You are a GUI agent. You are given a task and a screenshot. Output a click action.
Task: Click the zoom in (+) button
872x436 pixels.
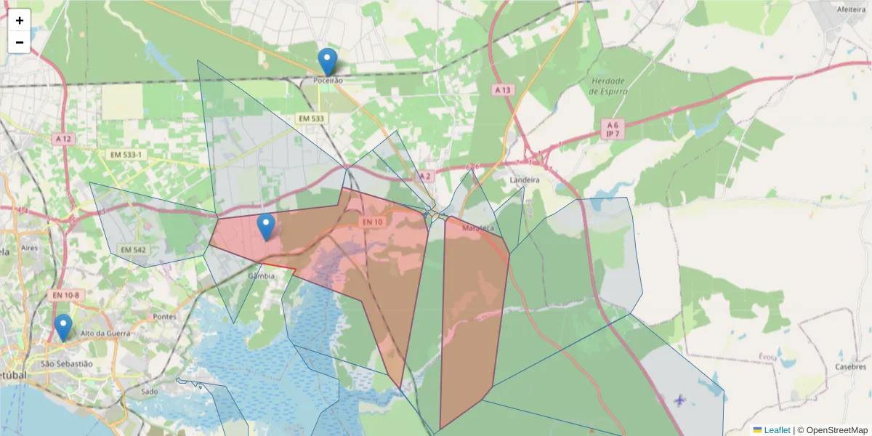(20, 20)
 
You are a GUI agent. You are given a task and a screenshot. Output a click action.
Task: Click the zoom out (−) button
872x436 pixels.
(20, 42)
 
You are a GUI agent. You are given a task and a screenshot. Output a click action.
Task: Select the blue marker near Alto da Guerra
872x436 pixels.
(63, 328)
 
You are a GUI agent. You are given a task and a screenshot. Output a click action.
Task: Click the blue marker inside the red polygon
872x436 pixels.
(267, 227)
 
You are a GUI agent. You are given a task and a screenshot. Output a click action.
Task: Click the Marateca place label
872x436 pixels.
(477, 228)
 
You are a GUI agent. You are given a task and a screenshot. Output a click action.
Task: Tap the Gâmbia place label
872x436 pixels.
(262, 276)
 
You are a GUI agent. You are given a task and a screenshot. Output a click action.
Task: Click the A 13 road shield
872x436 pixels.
(503, 90)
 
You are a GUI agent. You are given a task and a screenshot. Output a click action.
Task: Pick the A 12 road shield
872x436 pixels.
(62, 138)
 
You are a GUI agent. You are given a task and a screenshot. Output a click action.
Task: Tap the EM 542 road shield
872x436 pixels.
(133, 250)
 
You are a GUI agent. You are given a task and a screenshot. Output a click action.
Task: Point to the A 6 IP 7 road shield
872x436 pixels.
(613, 129)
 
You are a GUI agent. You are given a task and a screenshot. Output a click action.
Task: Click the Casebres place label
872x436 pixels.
(850, 367)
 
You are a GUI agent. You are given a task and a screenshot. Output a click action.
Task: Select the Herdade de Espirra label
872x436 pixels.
(609, 86)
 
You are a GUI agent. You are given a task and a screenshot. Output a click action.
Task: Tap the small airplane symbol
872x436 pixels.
(679, 400)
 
